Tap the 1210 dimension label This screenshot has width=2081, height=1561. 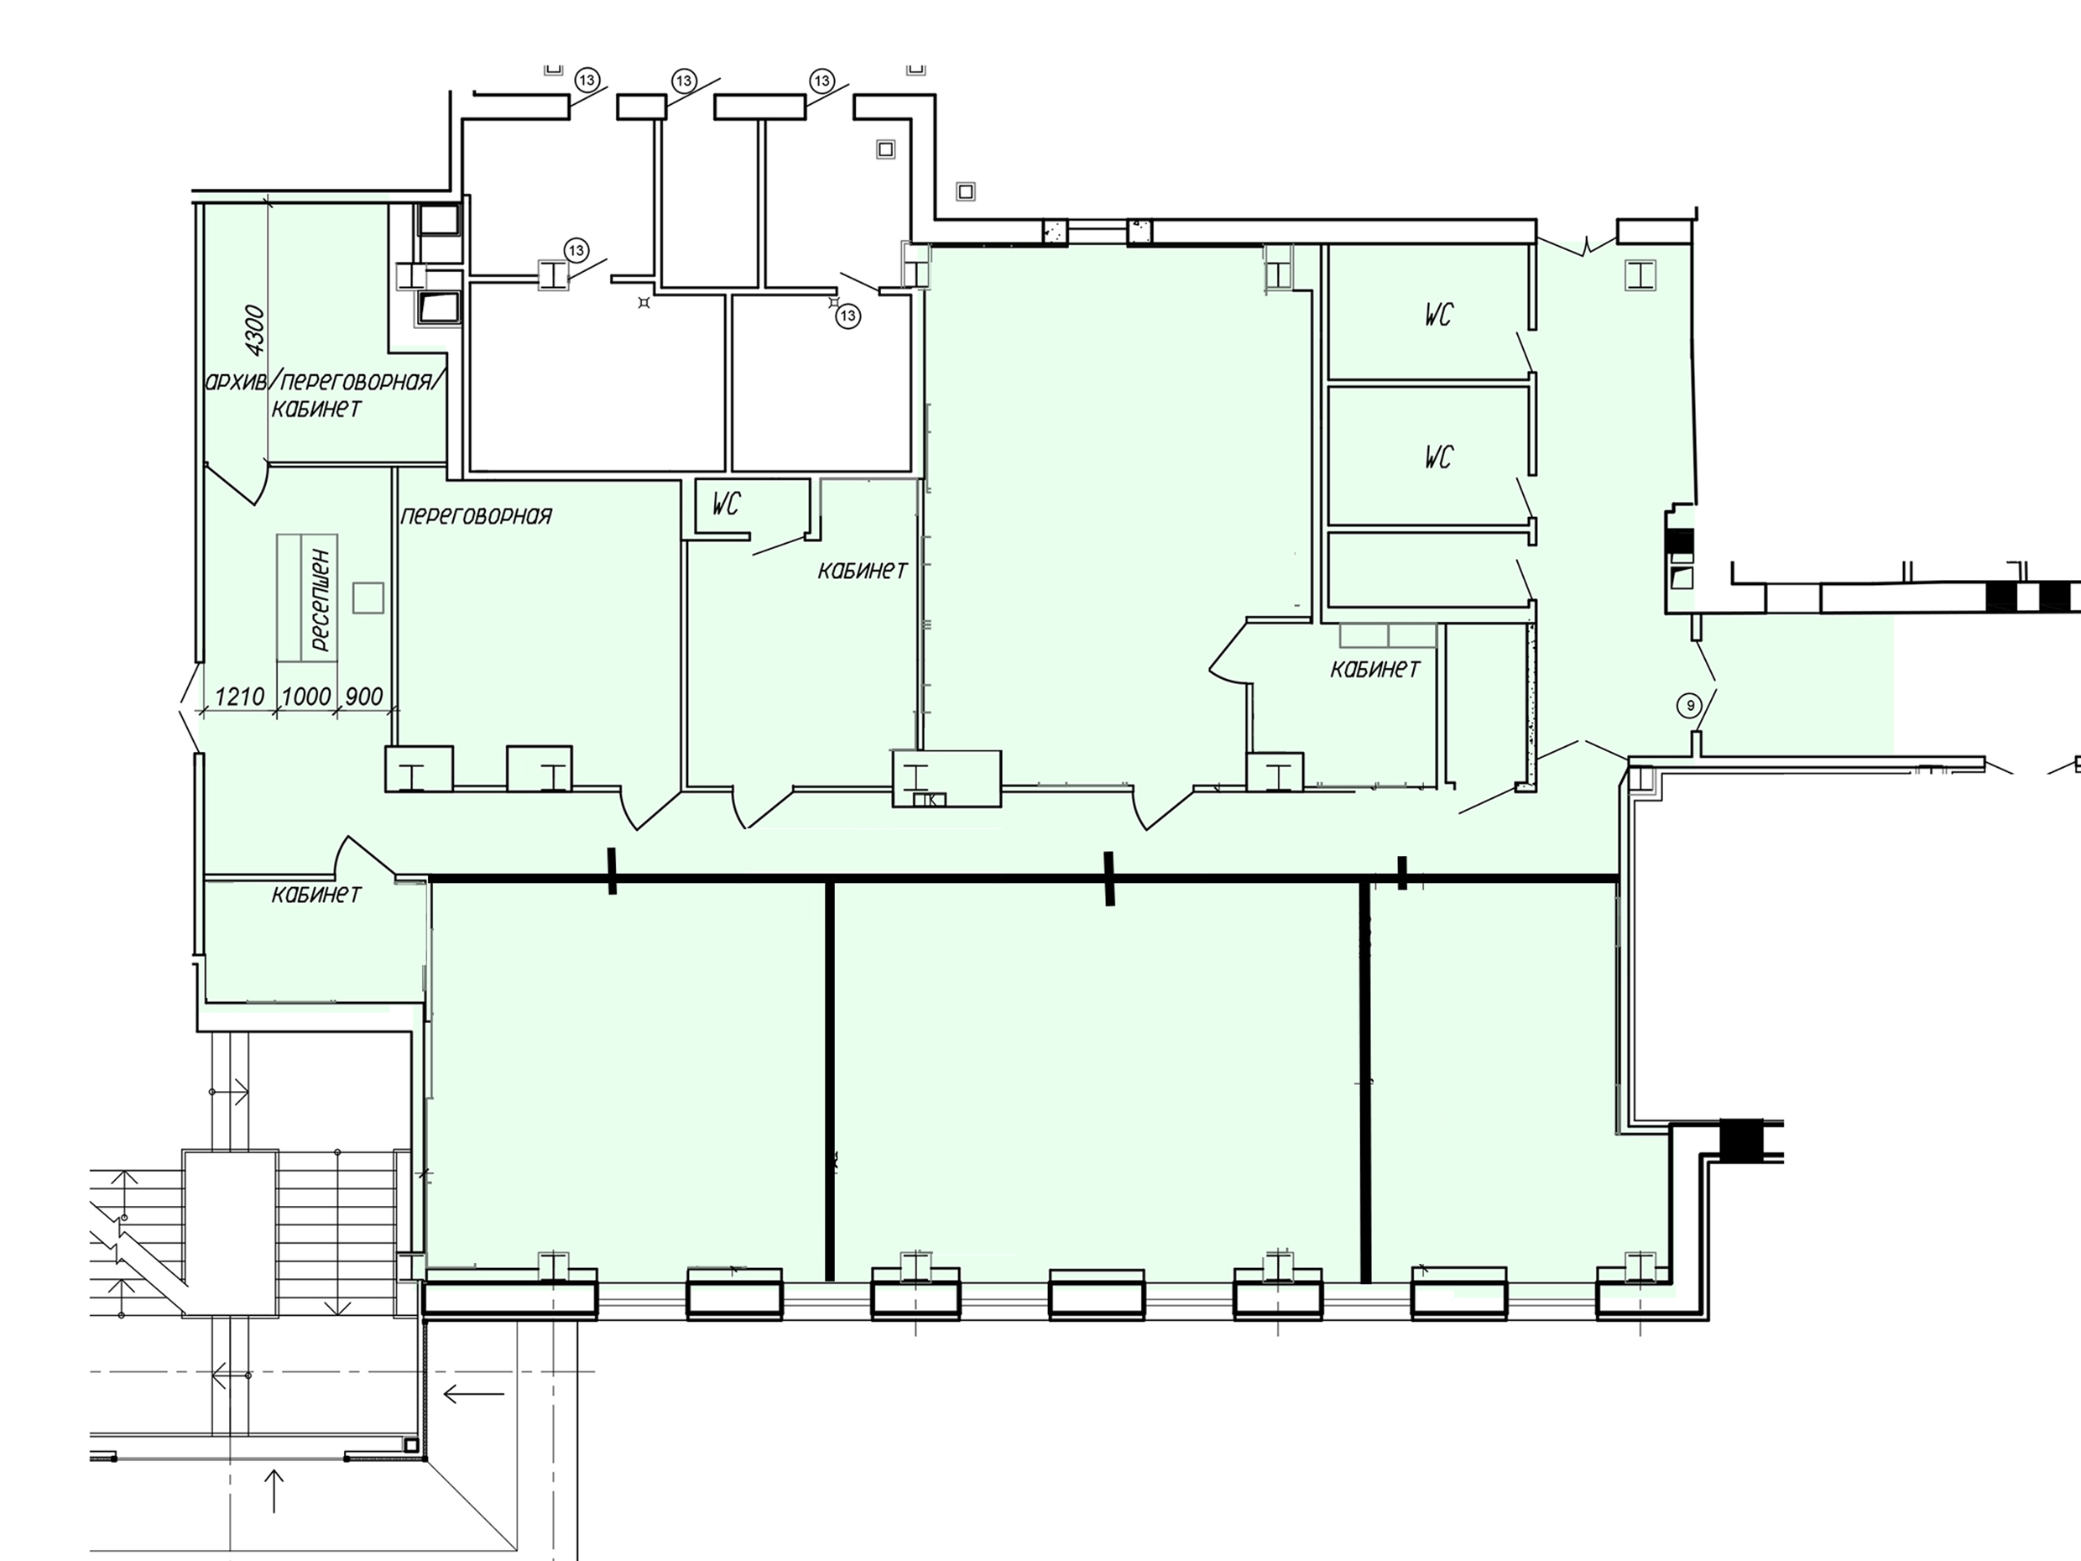(239, 697)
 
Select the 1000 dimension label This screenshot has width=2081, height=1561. (306, 697)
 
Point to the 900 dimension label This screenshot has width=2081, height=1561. (364, 697)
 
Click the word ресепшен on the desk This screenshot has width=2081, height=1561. (320, 599)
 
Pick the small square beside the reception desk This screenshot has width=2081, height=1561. (368, 598)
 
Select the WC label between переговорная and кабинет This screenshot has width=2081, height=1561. (725, 505)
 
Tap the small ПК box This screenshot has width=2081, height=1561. (930, 800)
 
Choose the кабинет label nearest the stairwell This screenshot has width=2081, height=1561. (316, 893)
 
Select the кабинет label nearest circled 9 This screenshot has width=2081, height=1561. (1374, 669)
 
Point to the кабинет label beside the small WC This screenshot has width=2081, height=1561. (862, 570)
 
